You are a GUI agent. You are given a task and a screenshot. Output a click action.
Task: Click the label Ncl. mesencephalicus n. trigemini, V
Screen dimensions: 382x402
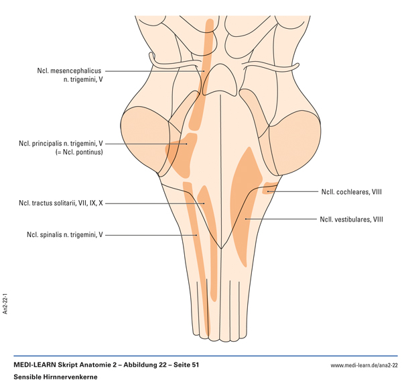pos(70,75)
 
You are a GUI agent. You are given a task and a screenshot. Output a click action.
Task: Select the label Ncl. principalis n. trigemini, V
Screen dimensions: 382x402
pos(61,143)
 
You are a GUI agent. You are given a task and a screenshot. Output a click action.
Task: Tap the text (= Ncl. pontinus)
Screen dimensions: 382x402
pos(78,152)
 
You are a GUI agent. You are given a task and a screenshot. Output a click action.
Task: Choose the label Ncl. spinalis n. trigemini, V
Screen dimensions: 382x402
pos(65,235)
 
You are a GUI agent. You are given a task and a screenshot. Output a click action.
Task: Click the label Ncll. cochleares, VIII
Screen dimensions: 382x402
pos(350,191)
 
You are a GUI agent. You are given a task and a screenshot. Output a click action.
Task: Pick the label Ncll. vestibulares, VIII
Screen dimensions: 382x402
pos(349,219)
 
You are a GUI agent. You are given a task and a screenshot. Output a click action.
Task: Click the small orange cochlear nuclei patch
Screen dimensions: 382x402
pos(270,188)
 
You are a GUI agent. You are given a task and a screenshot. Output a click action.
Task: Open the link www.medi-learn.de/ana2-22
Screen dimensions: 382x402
pos(364,365)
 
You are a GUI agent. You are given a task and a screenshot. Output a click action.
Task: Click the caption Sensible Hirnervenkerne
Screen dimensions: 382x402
pos(56,377)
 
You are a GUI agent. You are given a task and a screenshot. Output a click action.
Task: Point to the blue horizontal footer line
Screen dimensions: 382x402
pos(201,356)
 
